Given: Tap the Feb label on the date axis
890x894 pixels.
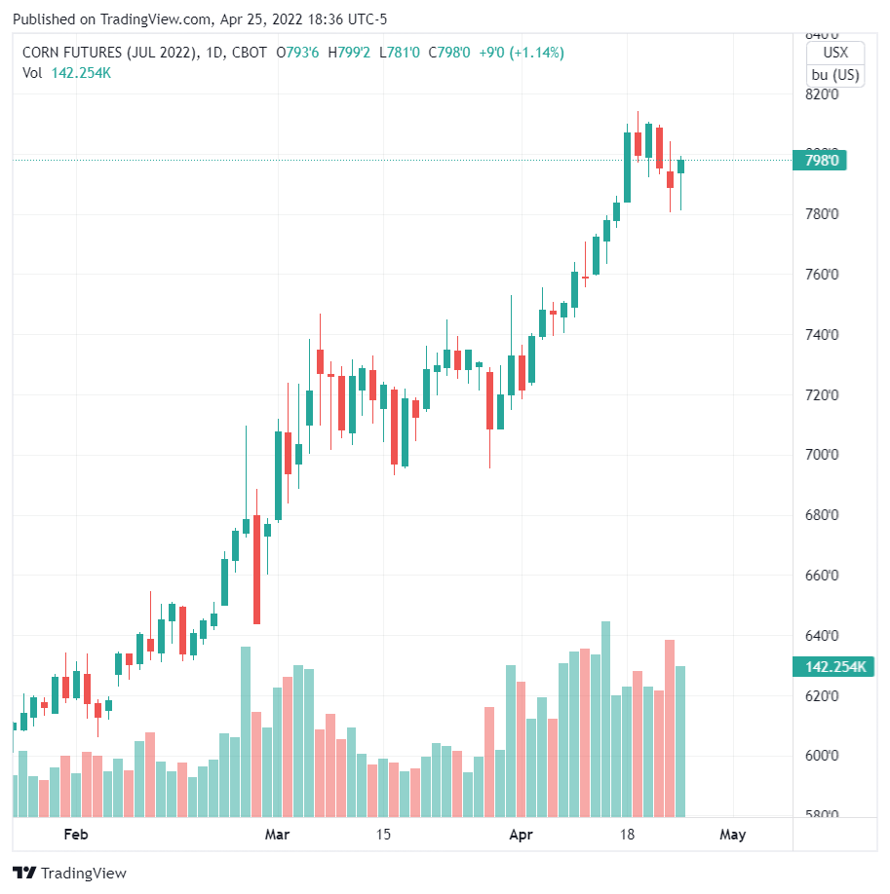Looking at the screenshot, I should coord(75,835).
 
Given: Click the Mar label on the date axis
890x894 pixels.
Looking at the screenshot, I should coord(278,835).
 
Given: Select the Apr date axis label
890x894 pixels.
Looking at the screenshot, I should coord(522,835).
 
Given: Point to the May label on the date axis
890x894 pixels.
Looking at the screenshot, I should coord(732,835).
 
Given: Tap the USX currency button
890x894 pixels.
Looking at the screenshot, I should coord(835,54).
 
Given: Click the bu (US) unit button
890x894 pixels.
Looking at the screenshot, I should coord(835,75).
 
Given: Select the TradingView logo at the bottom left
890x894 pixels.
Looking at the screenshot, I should coord(69,874).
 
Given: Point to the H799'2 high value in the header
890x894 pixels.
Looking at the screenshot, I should coord(349,53).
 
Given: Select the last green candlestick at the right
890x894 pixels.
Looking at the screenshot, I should coord(681,166).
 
